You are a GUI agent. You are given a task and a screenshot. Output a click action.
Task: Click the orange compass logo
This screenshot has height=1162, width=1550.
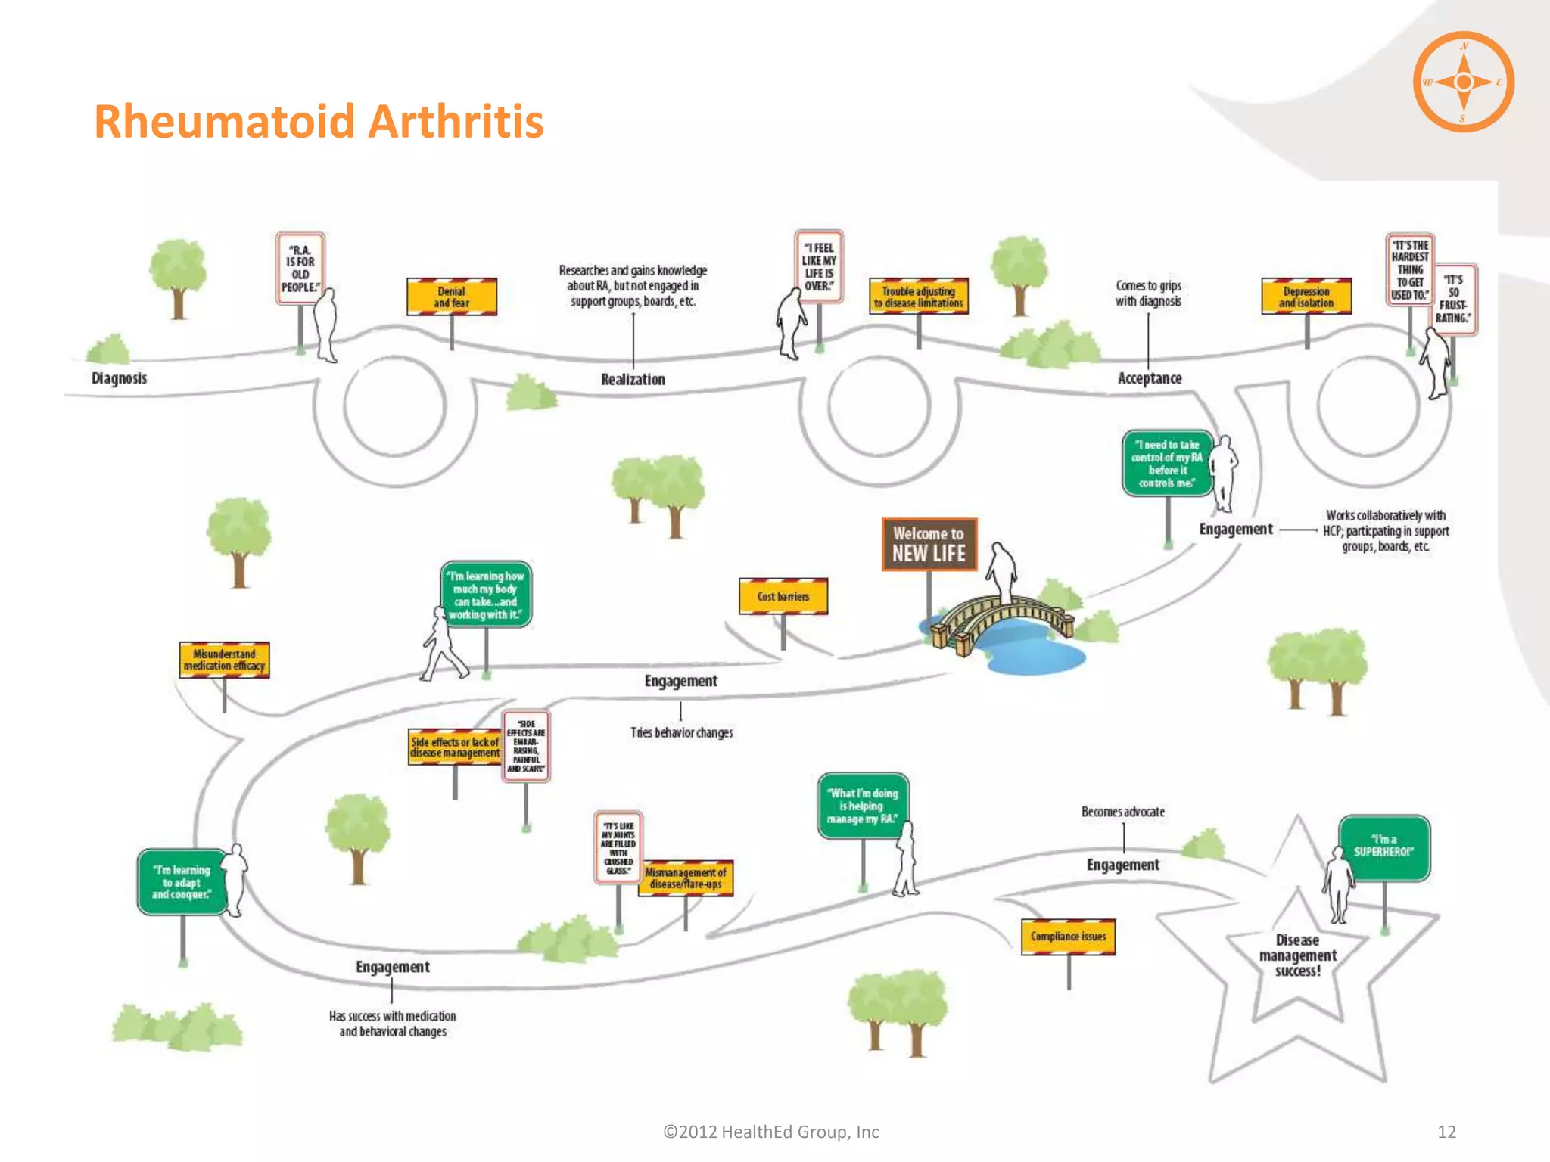[x=1463, y=82]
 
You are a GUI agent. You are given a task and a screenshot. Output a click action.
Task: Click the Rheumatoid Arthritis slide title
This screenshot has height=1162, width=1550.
[x=319, y=122]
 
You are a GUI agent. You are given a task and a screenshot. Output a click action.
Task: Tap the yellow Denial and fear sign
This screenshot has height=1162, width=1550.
[x=452, y=297]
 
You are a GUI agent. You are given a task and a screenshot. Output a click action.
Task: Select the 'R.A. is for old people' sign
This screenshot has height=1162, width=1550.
[x=300, y=269]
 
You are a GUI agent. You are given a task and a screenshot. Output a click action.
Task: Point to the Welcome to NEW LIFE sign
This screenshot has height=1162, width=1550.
[x=929, y=544]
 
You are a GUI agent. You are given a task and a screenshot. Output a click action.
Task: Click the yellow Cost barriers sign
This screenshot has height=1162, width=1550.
[x=783, y=596]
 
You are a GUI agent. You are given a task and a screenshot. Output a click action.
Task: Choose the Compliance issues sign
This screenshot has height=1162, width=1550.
[x=1068, y=937]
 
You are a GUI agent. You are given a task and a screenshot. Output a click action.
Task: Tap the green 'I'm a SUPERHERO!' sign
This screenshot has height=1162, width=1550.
[x=1383, y=847]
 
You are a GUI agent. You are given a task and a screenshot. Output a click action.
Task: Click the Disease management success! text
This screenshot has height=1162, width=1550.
[x=1297, y=955]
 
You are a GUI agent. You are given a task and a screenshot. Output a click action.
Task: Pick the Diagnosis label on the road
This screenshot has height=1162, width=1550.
[x=119, y=378]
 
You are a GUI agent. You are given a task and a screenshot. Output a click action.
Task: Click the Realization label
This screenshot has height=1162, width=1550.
[x=633, y=380]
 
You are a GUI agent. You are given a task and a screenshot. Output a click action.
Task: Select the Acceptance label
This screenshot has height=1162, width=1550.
[x=1149, y=378]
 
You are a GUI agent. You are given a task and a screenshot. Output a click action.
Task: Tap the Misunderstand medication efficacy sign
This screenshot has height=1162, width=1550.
[x=224, y=660]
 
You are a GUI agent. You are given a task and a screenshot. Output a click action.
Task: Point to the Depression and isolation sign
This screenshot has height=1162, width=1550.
[x=1306, y=297]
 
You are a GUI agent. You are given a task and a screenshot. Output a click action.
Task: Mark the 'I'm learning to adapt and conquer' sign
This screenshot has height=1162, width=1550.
[x=182, y=882]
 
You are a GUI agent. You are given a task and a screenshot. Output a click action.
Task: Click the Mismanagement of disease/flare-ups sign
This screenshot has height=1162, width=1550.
[x=686, y=878]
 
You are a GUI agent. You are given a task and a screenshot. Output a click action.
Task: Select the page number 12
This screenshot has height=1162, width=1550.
[x=1446, y=1132]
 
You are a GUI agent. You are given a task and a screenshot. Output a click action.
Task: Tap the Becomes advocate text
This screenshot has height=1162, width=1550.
[x=1122, y=812]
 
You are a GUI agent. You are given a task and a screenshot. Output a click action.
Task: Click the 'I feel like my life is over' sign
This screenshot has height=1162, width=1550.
[x=818, y=267]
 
